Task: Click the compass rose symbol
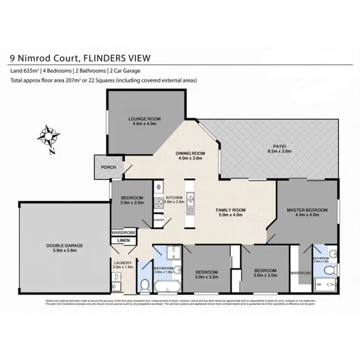[x=48, y=136]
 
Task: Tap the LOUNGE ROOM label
[x=144, y=118]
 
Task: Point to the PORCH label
[x=108, y=167]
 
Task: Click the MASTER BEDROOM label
[x=307, y=210]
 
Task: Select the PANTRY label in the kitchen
[x=159, y=220]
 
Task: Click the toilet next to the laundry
[x=144, y=286]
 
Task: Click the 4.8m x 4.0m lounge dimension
[x=144, y=124]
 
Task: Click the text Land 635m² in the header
[x=24, y=71]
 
